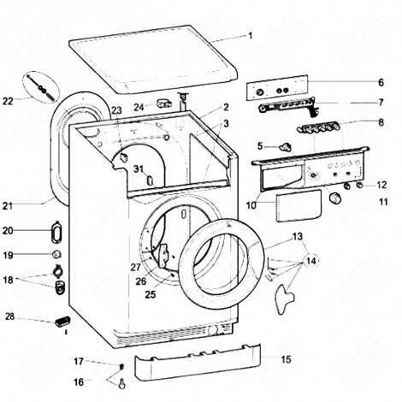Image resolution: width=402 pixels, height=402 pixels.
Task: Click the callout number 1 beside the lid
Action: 251,36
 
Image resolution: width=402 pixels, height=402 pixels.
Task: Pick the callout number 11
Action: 382,203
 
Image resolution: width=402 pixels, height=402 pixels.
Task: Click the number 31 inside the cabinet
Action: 137,168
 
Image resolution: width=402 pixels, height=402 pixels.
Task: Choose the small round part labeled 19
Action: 57,255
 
